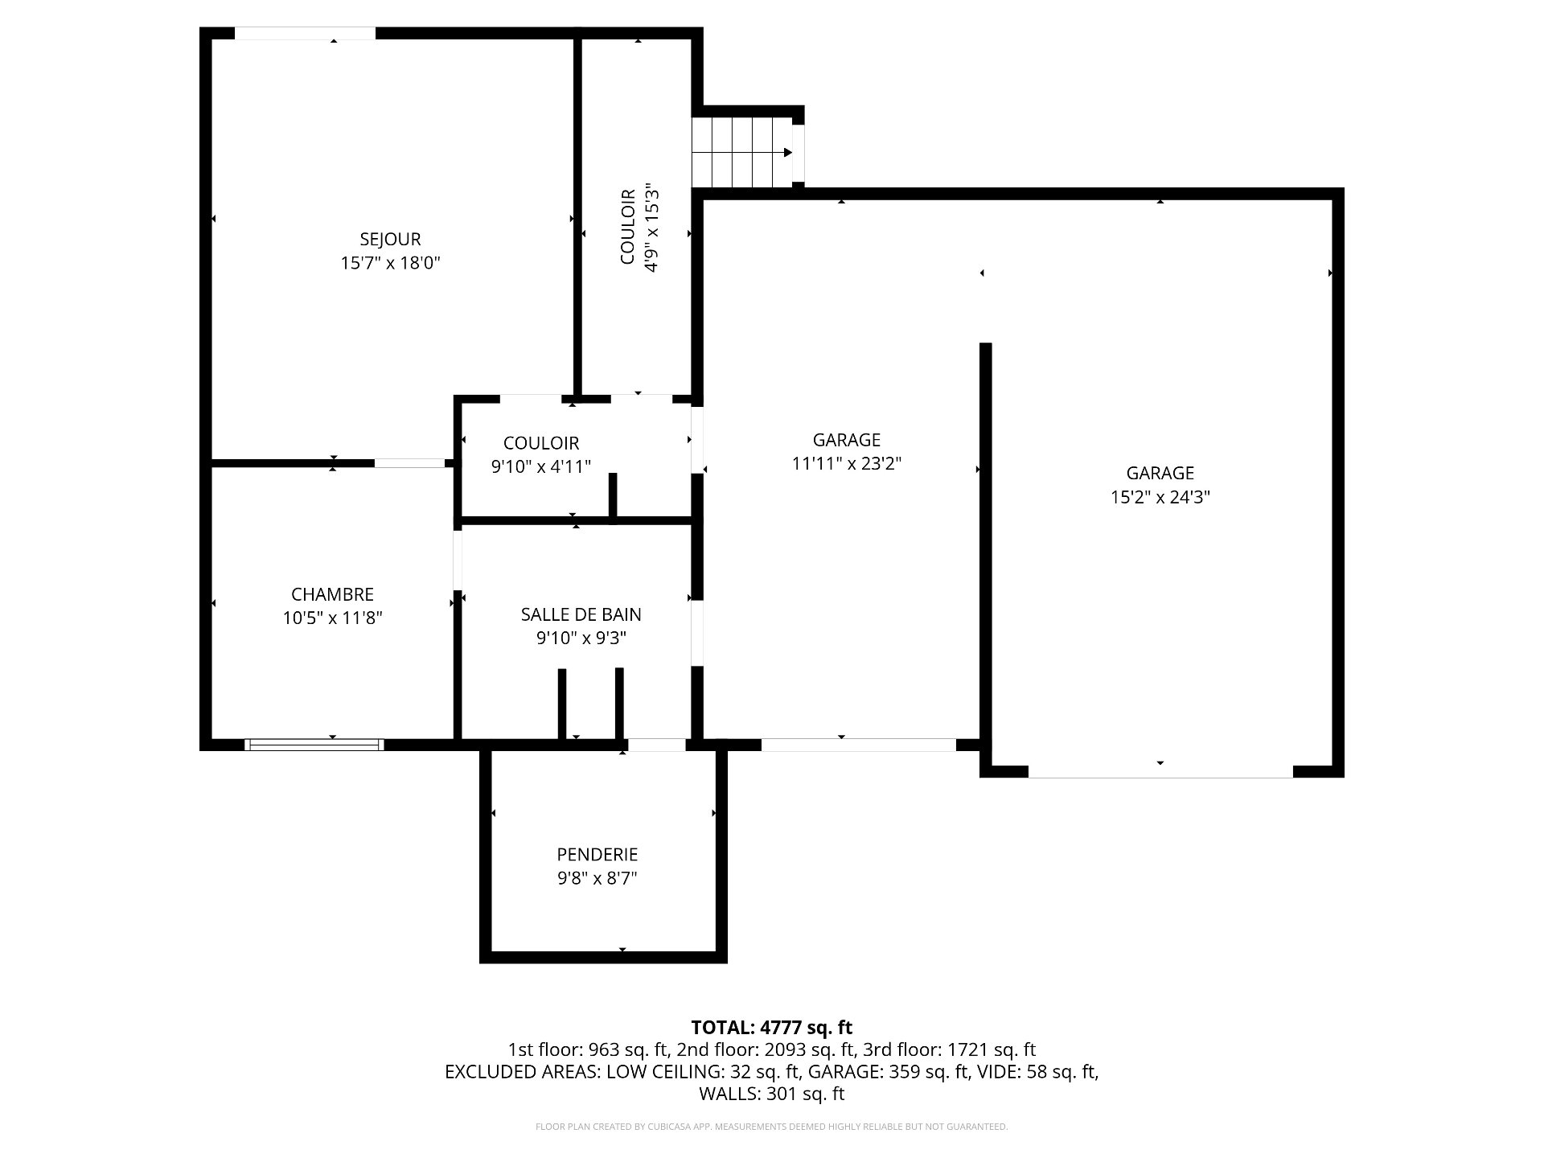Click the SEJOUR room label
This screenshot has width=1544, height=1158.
point(390,239)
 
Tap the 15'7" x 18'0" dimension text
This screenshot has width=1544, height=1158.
point(391,263)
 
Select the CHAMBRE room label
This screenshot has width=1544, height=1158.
point(332,594)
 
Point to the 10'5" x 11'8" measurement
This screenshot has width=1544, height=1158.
point(332,618)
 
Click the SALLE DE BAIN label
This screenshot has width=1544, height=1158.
point(581,614)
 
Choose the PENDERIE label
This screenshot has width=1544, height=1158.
point(597,854)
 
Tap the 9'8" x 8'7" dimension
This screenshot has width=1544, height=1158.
point(597,878)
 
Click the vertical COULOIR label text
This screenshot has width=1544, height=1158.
point(628,226)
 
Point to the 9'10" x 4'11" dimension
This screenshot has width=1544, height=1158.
point(541,466)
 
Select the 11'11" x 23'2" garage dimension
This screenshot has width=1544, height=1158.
point(847,463)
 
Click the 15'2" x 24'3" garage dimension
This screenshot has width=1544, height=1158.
point(1160,497)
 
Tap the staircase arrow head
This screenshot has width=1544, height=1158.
point(788,153)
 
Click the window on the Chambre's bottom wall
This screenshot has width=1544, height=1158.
point(314,745)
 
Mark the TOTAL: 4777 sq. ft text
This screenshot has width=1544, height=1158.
point(772,1027)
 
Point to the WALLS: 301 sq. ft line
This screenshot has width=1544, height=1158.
point(772,1094)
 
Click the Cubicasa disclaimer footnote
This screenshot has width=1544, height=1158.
point(772,1127)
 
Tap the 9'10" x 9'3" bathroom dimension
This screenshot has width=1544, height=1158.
point(581,639)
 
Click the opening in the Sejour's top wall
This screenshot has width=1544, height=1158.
point(305,34)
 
